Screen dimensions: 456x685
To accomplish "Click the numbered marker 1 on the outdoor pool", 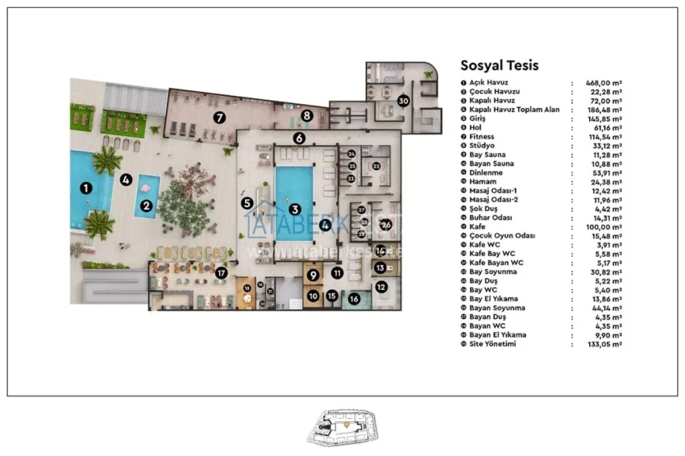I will [x=85, y=188].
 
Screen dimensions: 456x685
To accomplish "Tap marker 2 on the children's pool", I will [x=147, y=205].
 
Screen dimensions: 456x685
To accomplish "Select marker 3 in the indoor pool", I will [x=295, y=209].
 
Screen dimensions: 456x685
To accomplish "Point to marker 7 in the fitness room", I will [x=218, y=117].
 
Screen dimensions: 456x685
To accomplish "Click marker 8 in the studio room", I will [x=306, y=116].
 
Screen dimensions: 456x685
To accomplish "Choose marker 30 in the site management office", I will [x=403, y=101].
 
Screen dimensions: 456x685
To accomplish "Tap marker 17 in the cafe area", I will [x=220, y=272].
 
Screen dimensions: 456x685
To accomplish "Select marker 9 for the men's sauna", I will [x=313, y=275].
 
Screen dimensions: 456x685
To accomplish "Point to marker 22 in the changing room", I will [x=376, y=166].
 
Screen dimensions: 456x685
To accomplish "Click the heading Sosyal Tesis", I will [x=499, y=66].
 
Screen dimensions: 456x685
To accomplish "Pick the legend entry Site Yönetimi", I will [x=492, y=344].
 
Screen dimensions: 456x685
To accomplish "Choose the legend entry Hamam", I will [x=482, y=182].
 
